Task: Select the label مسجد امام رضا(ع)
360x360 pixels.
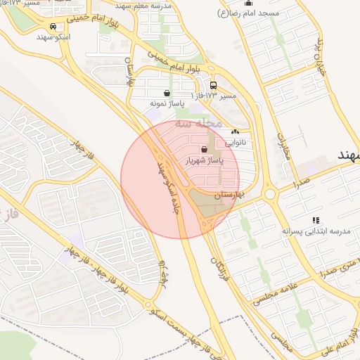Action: [x=253, y=13]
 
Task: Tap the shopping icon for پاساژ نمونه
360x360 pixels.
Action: [x=167, y=93]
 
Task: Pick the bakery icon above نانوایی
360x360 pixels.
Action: [x=235, y=131]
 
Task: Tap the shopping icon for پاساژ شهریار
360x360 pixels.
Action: [x=204, y=149]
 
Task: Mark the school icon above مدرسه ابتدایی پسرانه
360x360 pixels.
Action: [x=316, y=220]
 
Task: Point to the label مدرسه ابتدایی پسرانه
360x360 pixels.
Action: [x=306, y=231]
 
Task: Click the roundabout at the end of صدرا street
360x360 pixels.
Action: [x=269, y=193]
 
